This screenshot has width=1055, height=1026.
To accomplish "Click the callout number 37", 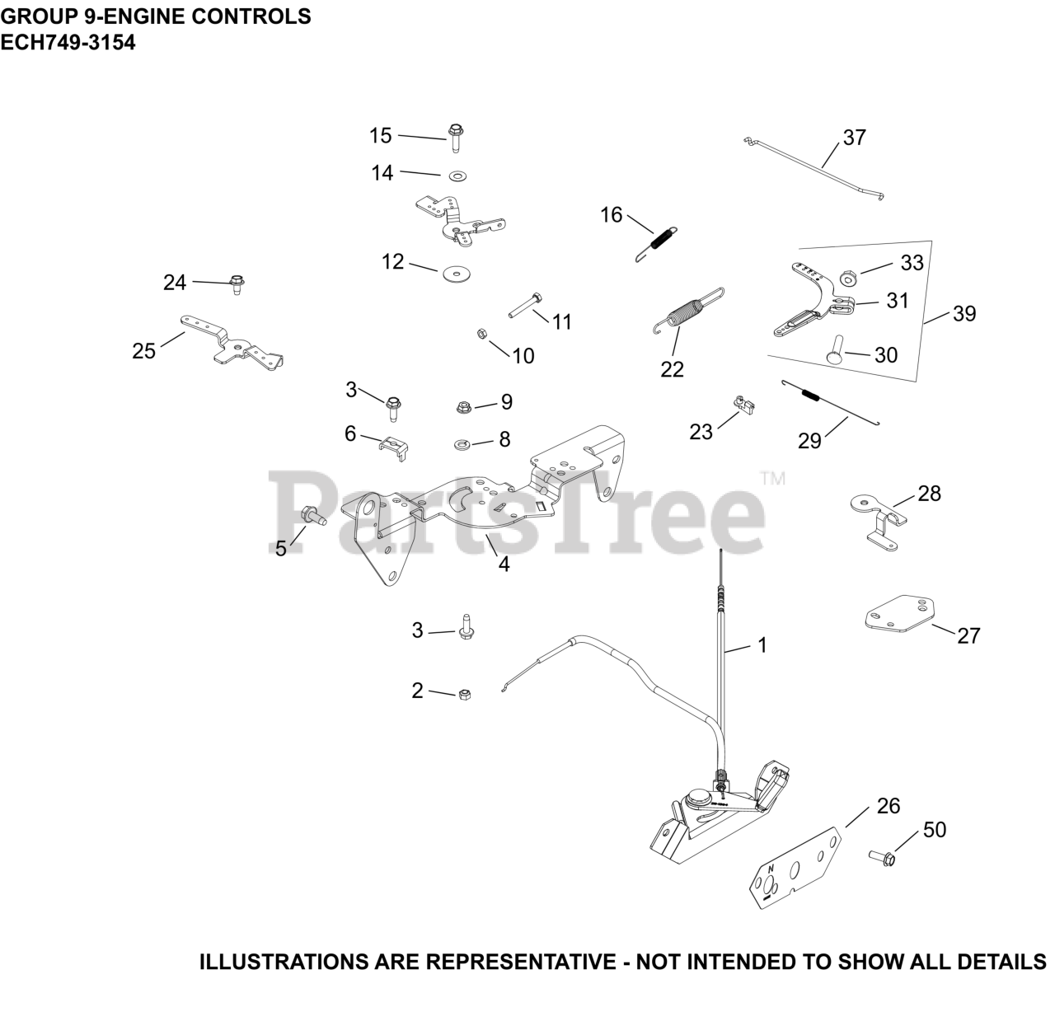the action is coord(855,137).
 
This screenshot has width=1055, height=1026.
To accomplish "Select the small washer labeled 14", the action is coord(457,176).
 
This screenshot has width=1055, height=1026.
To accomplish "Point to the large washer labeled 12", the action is coord(453,273).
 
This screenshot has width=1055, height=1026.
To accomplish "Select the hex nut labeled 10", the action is coord(480,334).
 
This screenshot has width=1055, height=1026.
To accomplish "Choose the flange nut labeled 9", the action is coord(465,405).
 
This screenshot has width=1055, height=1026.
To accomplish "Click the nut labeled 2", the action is coord(463,694).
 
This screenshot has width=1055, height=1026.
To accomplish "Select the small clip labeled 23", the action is coord(744,405).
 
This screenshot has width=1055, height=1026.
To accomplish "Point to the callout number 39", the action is coord(964,314).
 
